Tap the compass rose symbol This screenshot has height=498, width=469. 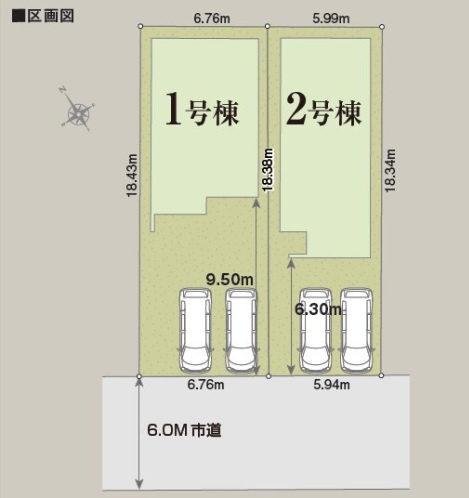(77, 112)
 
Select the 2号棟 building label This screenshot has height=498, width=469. (323, 110)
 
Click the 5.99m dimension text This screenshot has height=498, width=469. (324, 16)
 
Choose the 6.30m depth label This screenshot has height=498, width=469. (319, 310)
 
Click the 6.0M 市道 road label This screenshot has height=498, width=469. (184, 431)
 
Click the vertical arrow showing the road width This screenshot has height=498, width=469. (138, 433)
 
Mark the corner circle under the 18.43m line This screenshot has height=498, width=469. (138, 376)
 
